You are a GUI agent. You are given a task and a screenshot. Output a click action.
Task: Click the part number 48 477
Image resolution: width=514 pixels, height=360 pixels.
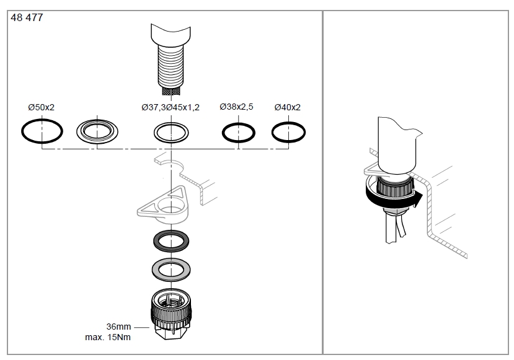[27, 18]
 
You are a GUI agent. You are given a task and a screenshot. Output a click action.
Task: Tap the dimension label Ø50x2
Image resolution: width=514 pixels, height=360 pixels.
[42, 107]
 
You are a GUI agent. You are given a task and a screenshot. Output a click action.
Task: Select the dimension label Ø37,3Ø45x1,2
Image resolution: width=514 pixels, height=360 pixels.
[171, 107]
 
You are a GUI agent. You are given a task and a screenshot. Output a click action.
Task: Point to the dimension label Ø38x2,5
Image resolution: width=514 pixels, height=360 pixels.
[236, 107]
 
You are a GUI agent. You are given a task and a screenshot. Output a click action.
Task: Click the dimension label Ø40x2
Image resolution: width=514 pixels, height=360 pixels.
[288, 107]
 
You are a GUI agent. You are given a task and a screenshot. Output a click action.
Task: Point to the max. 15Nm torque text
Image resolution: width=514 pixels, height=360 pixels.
[107, 338]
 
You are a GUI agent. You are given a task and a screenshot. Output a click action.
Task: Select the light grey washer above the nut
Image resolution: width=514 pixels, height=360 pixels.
[171, 268]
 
